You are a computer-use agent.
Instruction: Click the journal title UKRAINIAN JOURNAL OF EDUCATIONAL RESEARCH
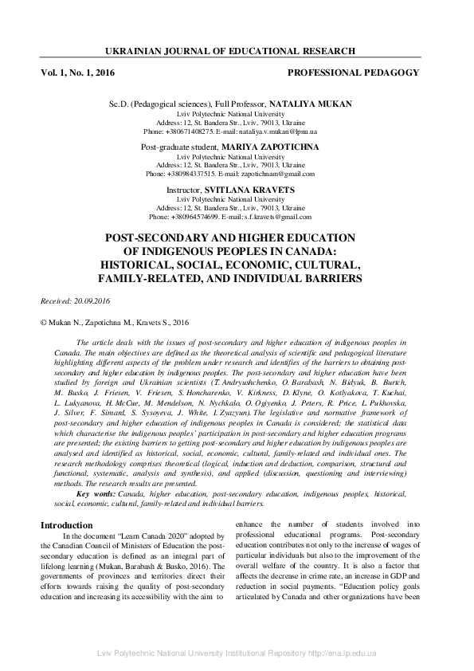click(237, 51)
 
